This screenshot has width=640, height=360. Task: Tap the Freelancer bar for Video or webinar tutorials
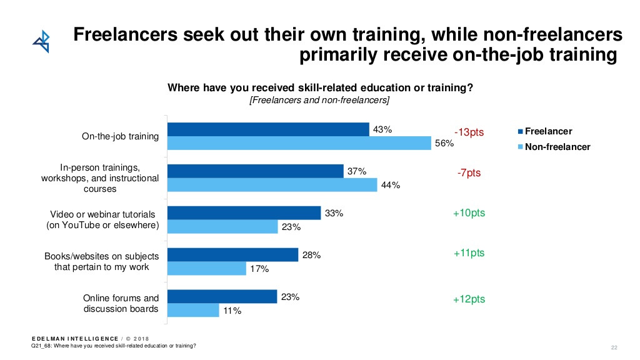click(x=244, y=213)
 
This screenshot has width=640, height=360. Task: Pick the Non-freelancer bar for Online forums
click(x=193, y=310)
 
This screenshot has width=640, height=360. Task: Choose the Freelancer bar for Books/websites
click(x=233, y=254)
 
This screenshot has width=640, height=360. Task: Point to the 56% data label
click(x=444, y=144)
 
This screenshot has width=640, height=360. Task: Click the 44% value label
click(x=391, y=185)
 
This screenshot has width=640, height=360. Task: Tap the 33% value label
click(x=334, y=213)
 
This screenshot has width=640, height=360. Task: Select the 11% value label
click(x=232, y=311)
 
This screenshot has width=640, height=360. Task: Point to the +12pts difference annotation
click(x=469, y=299)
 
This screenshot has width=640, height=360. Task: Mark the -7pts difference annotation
click(x=469, y=172)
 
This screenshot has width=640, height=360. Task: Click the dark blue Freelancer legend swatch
click(x=519, y=132)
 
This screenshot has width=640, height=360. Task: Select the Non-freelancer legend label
click(x=557, y=147)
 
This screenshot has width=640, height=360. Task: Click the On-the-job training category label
click(x=121, y=136)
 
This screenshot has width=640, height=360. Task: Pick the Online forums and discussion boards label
click(x=121, y=303)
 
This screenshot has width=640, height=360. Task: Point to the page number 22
click(x=614, y=347)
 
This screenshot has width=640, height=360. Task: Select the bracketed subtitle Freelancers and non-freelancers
click(x=319, y=101)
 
